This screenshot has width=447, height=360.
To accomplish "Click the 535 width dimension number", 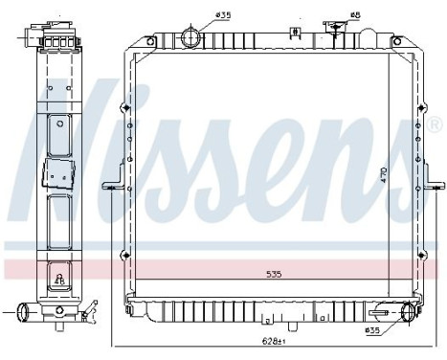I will (275, 275).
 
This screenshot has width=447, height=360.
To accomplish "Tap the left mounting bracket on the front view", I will (115, 186).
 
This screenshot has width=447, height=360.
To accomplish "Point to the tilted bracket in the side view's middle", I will (58, 175).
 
